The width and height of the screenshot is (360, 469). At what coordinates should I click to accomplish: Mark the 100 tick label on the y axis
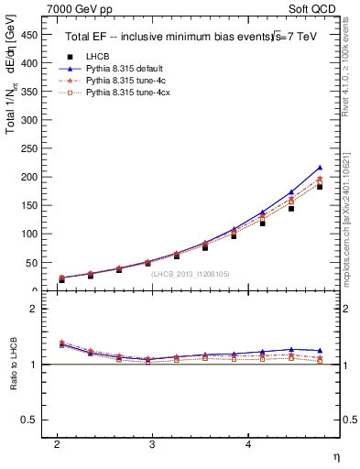pyautogui.click(x=31, y=234)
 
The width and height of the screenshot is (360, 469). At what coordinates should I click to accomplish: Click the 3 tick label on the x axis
pyautogui.click(x=152, y=444)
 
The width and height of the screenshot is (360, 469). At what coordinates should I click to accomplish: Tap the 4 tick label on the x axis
pyautogui.click(x=248, y=444)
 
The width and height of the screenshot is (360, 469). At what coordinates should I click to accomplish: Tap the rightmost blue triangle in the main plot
pyautogui.click(x=319, y=168)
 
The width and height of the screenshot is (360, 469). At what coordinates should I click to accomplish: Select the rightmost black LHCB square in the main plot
pyautogui.click(x=319, y=186)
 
